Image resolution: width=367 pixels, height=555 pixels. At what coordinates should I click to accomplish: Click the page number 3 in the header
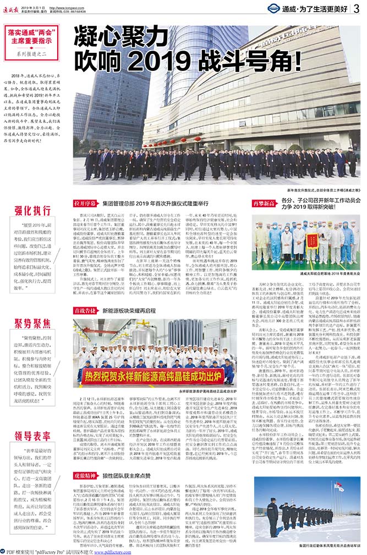pyautogui.click(x=357, y=9)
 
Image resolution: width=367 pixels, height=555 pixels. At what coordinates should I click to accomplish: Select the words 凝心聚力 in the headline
pyautogui.click(x=113, y=34)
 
